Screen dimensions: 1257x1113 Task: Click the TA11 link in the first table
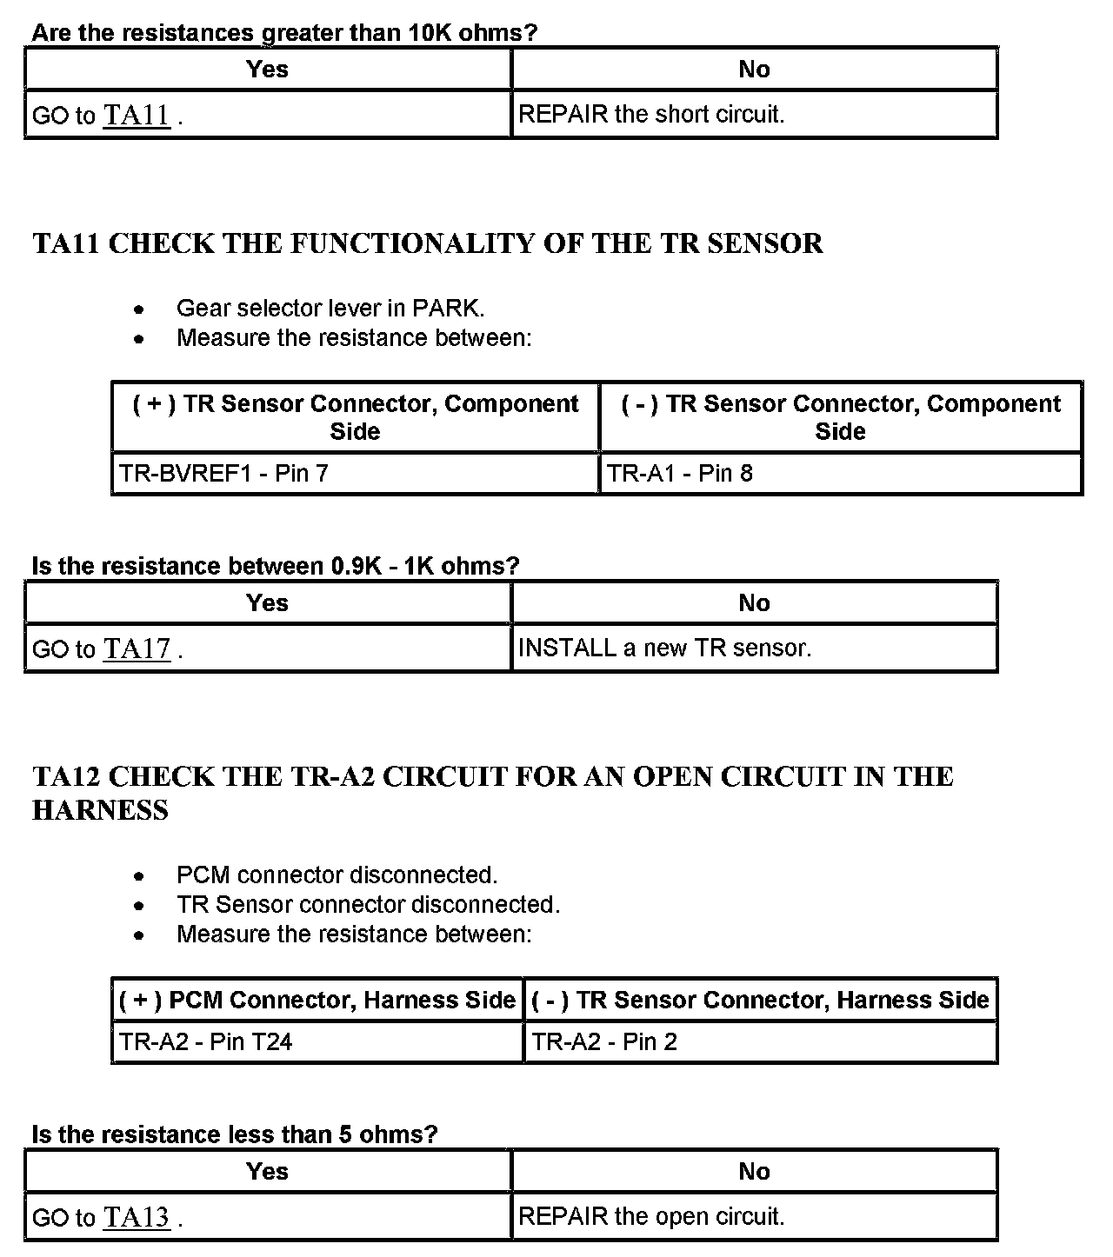click(x=137, y=115)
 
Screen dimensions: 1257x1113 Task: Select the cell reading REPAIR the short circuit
click(x=651, y=114)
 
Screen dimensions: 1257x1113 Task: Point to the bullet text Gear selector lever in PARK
click(x=330, y=308)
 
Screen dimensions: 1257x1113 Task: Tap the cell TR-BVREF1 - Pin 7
click(x=223, y=473)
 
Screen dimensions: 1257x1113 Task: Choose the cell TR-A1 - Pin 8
click(x=680, y=473)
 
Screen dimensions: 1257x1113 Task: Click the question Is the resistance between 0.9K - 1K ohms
click(x=275, y=566)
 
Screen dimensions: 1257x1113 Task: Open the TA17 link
click(x=137, y=648)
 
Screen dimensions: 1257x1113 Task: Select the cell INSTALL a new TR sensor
click(x=664, y=648)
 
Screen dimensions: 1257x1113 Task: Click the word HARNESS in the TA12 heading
click(x=101, y=810)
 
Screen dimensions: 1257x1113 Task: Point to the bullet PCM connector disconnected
click(x=337, y=875)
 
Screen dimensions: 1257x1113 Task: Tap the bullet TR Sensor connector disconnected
click(x=368, y=904)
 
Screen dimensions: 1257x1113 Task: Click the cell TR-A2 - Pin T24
click(x=205, y=1041)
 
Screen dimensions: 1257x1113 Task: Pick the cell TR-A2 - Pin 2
click(x=604, y=1041)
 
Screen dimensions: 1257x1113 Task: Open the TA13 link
click(x=137, y=1217)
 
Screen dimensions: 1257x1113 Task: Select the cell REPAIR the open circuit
click(x=651, y=1216)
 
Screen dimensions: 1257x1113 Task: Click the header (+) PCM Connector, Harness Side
click(x=317, y=1000)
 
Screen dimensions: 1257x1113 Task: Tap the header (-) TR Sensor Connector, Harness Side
click(x=760, y=1000)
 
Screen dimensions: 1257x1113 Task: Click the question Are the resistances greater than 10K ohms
click(x=284, y=33)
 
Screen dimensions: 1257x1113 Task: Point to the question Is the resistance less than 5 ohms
click(x=235, y=1134)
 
